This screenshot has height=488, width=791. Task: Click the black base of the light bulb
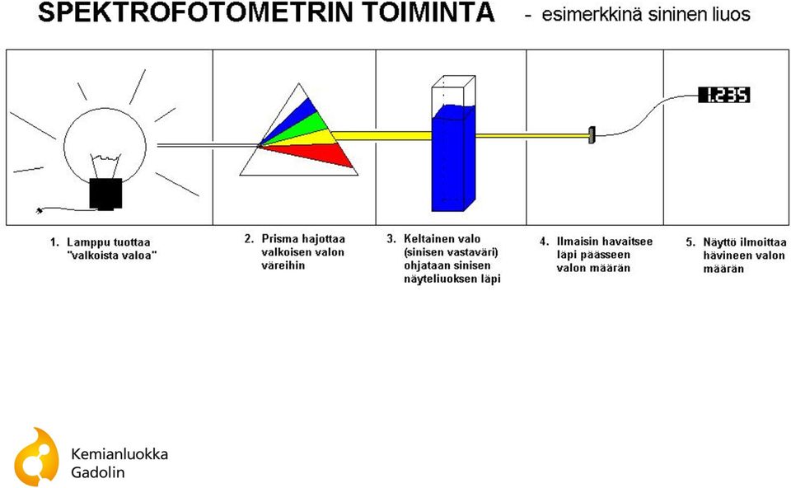point(105,194)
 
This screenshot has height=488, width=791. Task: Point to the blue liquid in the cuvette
point(453,158)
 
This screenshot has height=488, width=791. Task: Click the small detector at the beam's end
point(592,135)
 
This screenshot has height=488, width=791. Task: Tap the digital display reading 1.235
point(724,95)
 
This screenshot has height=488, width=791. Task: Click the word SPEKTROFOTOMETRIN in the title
point(194,12)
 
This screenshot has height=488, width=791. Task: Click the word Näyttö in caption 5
point(718,242)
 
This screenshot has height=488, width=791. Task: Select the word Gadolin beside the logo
point(98,472)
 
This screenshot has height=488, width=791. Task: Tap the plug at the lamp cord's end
point(40,210)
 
